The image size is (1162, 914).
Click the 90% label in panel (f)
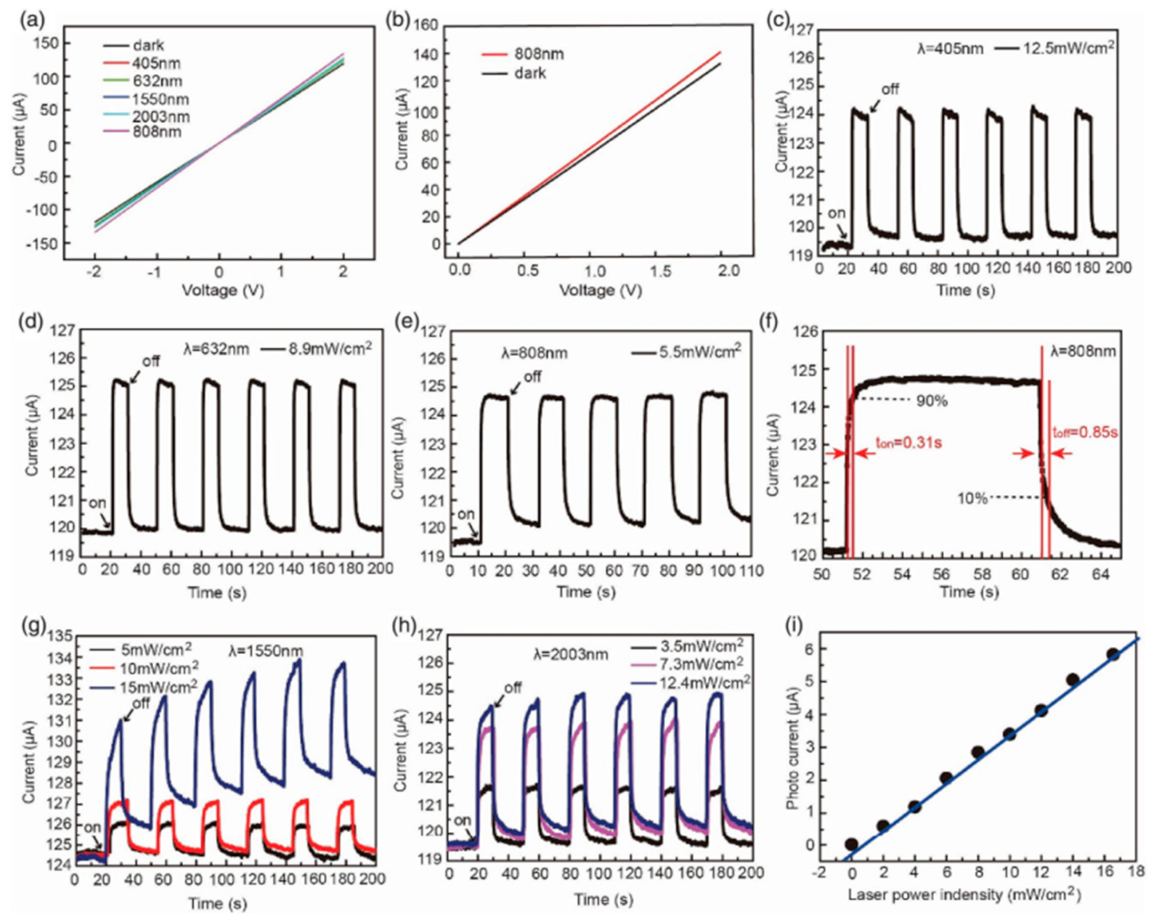(x=931, y=401)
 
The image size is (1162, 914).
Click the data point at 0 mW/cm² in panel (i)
(x=851, y=844)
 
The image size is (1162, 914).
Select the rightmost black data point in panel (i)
(x=1113, y=655)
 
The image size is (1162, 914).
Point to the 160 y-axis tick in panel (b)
(x=426, y=25)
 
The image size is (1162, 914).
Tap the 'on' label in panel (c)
(x=837, y=214)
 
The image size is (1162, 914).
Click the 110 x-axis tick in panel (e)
(x=750, y=571)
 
